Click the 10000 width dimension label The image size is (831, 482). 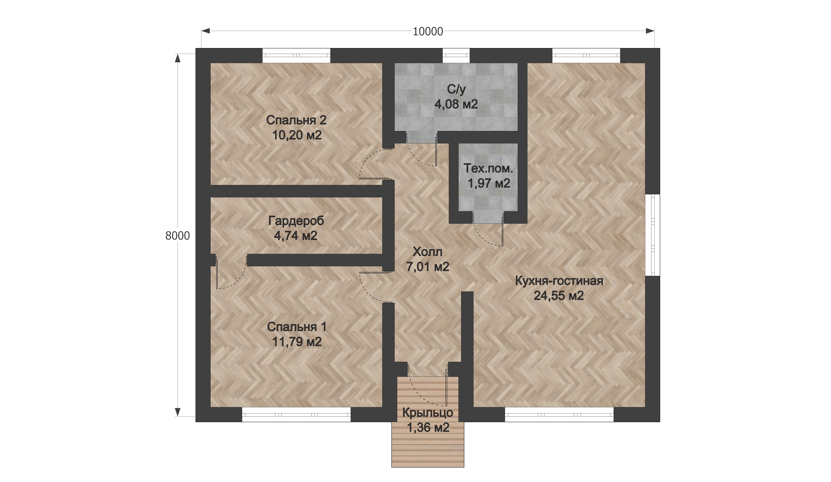click(x=428, y=31)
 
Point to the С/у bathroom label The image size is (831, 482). click(x=456, y=89)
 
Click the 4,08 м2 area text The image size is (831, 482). click(x=456, y=104)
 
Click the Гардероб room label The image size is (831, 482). click(x=296, y=221)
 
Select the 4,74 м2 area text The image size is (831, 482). click(x=296, y=236)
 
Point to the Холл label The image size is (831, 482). click(x=427, y=252)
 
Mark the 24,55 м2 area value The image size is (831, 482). click(x=559, y=296)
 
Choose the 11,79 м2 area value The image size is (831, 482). click(x=297, y=342)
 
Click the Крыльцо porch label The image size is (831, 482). click(x=428, y=413)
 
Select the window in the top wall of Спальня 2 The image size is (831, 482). click(x=296, y=55)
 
